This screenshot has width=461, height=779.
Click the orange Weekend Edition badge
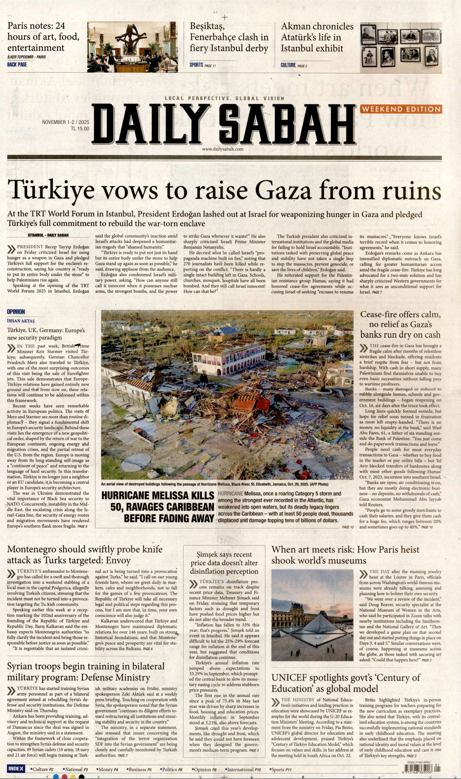tap(401, 109)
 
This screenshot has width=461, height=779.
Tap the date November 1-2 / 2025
tap(65, 122)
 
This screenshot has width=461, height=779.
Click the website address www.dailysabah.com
tap(223, 149)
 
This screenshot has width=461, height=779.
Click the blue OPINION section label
tap(16, 312)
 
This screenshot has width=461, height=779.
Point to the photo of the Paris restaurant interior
tap(132, 47)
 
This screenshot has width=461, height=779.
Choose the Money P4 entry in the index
tap(107, 769)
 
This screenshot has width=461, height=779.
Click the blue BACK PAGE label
tap(17, 64)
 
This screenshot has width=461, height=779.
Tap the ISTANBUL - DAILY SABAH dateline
tap(48, 235)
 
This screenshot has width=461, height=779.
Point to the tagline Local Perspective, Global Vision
tap(224, 98)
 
